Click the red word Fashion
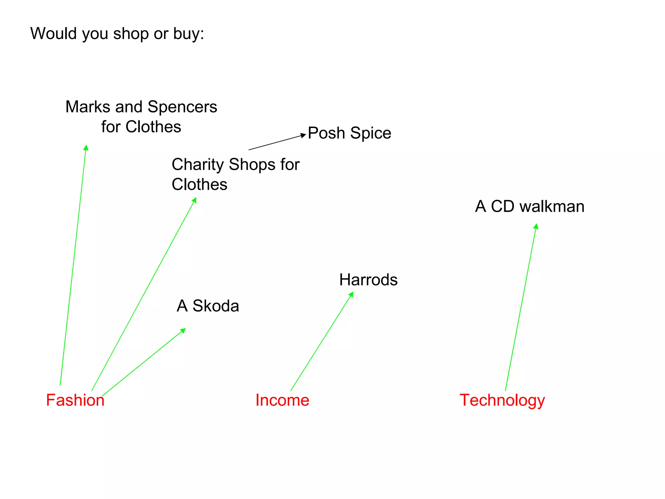pos(75,400)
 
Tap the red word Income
pos(282,400)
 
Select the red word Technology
pos(502,400)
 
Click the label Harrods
pos(368,280)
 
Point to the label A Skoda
pos(208,306)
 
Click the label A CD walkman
pos(530,206)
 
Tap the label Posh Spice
pos(349,133)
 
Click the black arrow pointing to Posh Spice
pos(277,142)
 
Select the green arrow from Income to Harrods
pos(321,341)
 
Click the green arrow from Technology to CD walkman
pos(521,307)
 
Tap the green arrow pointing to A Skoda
pos(144,362)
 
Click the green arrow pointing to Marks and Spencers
pos(73,265)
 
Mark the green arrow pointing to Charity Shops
pos(144,294)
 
